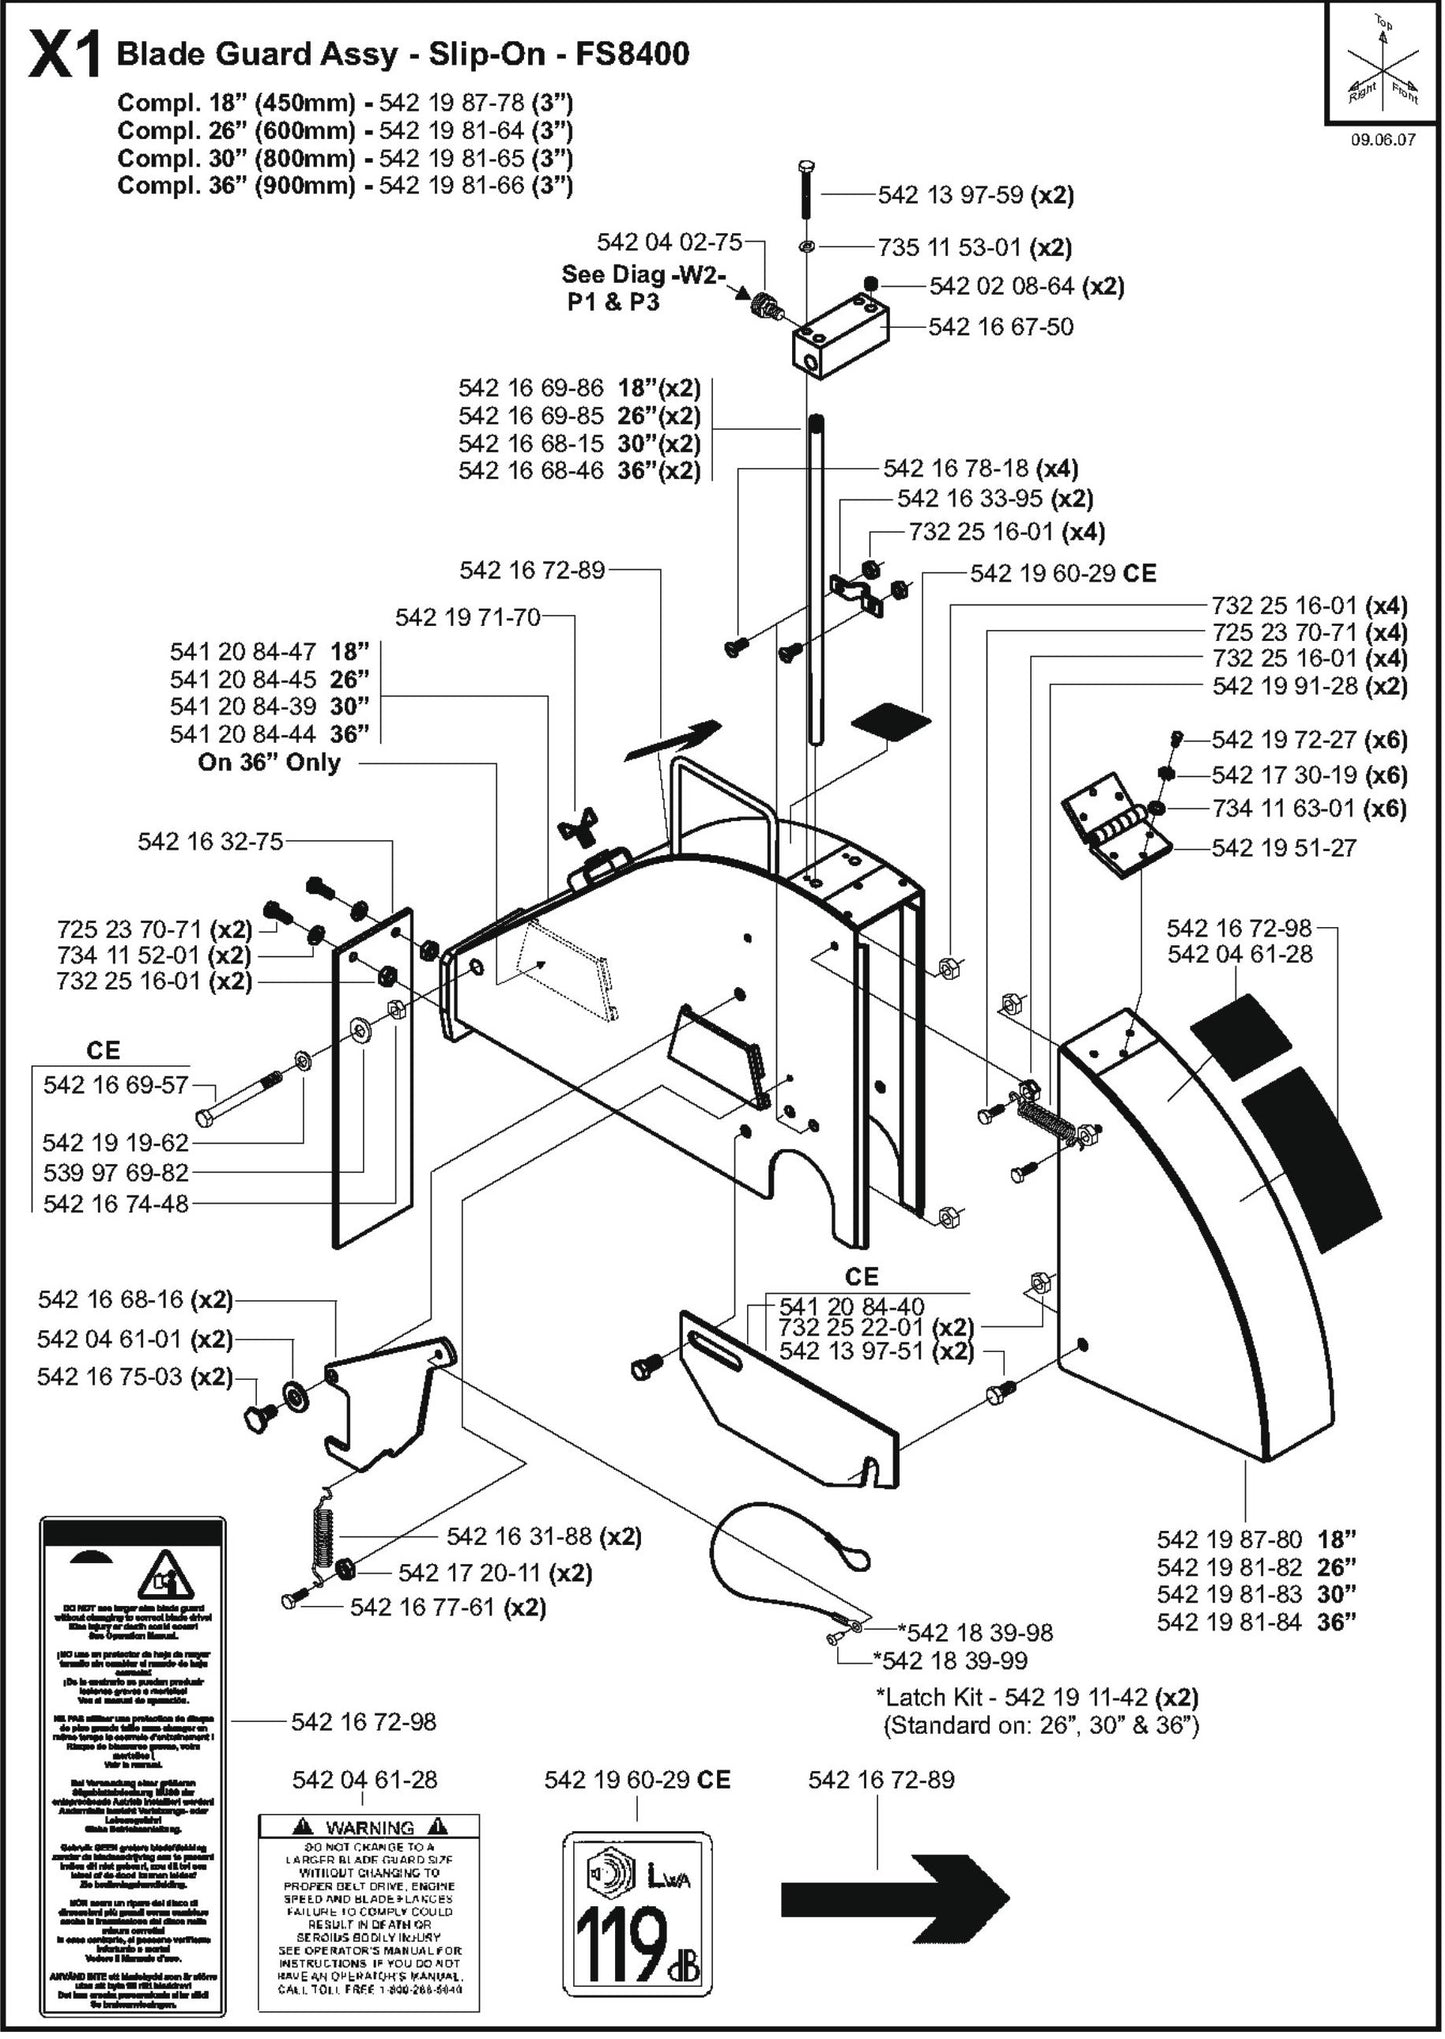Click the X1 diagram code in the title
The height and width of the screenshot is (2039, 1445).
point(64,56)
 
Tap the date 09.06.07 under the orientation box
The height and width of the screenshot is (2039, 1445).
point(1383,140)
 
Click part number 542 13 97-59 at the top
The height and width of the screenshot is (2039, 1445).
point(951,195)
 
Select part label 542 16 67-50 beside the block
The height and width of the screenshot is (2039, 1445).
point(1000,327)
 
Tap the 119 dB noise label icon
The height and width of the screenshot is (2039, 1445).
point(637,1908)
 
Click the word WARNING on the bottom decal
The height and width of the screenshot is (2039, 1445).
point(369,1827)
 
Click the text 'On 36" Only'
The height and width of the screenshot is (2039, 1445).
point(269,763)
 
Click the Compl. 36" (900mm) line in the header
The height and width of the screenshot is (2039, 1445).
point(344,186)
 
